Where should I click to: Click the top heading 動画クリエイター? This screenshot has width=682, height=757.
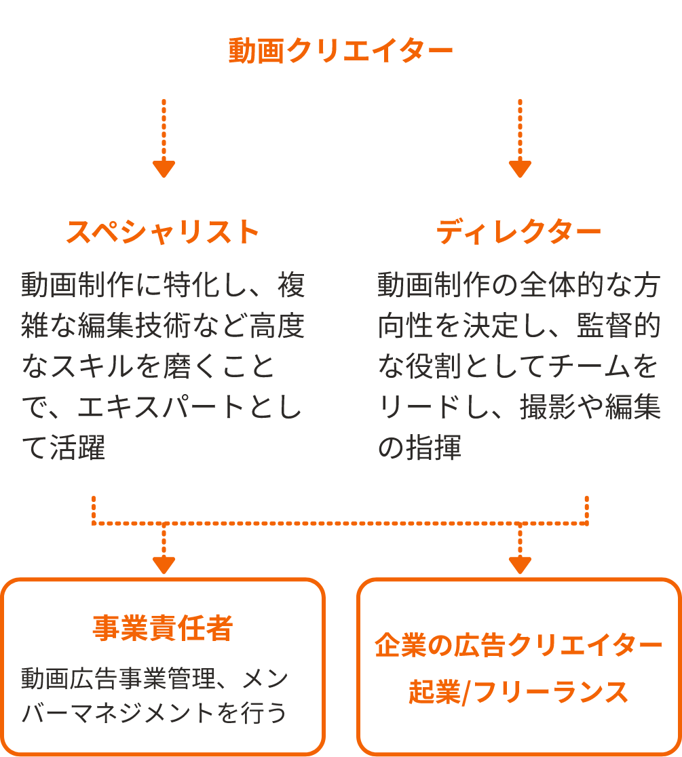(x=341, y=51)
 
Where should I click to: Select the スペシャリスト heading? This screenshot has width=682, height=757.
(x=164, y=232)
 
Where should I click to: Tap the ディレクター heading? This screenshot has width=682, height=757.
(x=518, y=232)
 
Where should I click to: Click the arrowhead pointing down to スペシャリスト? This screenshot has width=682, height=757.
(x=164, y=168)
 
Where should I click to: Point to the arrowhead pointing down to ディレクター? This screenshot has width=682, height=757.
(x=520, y=168)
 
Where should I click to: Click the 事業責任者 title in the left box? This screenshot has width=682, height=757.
(x=164, y=627)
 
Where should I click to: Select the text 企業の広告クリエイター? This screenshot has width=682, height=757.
(x=518, y=645)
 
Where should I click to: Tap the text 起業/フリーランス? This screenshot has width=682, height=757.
(x=518, y=691)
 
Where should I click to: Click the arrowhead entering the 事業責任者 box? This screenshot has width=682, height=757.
(x=164, y=565)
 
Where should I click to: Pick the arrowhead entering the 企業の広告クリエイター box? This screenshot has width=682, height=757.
(x=520, y=565)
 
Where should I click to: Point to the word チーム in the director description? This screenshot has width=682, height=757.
(x=588, y=366)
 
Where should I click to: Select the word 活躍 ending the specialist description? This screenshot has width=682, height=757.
(x=77, y=447)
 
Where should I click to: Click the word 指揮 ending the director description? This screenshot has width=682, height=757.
(x=434, y=447)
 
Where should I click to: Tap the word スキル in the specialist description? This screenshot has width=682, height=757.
(x=92, y=366)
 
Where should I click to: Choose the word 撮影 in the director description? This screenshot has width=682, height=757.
(x=548, y=406)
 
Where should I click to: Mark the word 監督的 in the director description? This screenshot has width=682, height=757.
(x=619, y=326)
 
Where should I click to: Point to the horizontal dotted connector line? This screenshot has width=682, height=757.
(x=340, y=524)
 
